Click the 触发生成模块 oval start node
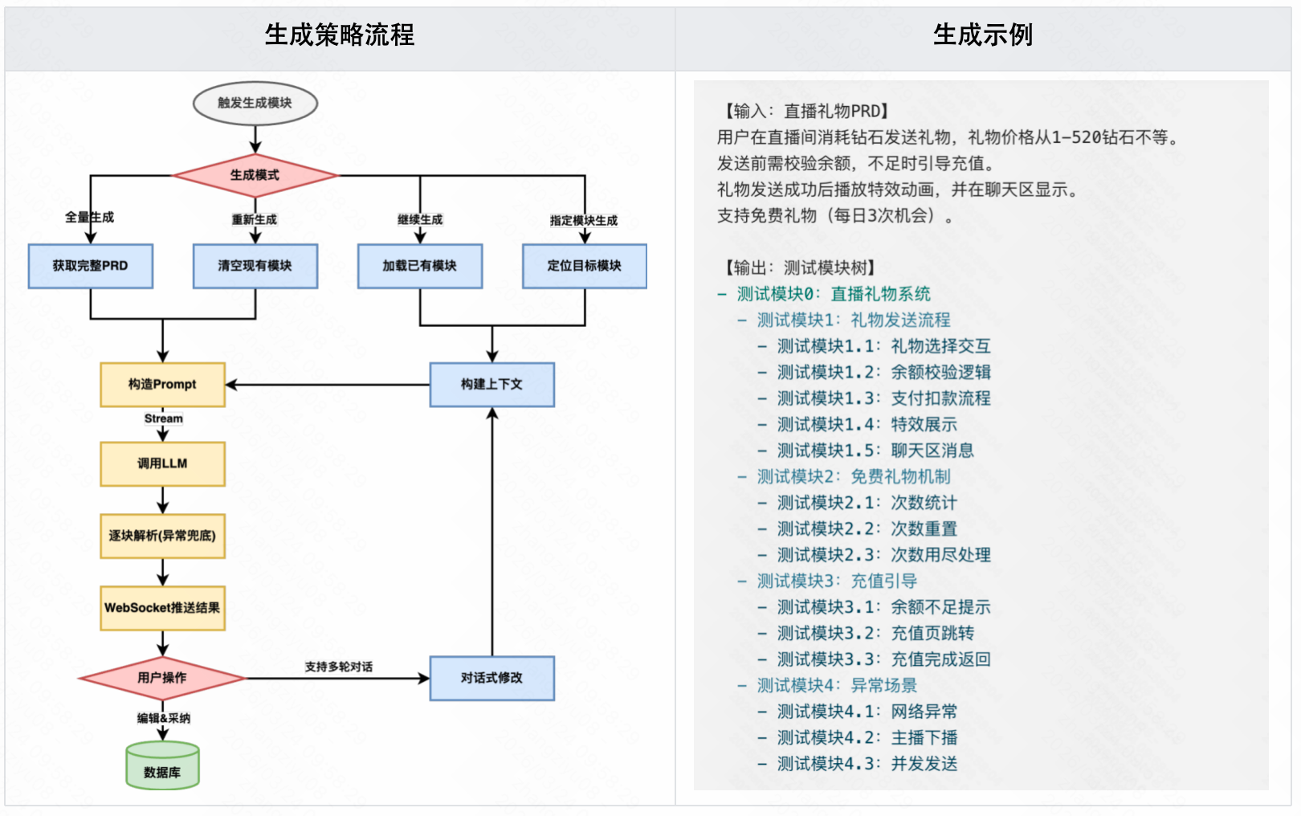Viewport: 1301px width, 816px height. tap(255, 103)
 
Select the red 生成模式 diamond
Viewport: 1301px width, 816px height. tap(255, 175)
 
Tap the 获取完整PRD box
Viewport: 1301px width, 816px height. tap(91, 266)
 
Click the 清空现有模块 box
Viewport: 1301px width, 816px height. tap(255, 266)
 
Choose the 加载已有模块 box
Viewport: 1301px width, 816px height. tap(420, 266)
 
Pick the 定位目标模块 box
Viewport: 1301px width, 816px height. tap(585, 266)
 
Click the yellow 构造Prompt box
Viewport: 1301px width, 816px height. tap(162, 385)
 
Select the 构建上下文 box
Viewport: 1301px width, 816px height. tap(491, 385)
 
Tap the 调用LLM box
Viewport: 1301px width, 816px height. tap(162, 463)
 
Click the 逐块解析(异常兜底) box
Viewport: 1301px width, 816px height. tap(162, 536)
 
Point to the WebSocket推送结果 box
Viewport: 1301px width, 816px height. tap(162, 608)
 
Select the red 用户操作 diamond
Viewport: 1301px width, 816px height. tap(162, 678)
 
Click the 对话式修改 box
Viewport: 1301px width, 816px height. tap(491, 678)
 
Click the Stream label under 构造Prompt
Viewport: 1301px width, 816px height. tap(164, 418)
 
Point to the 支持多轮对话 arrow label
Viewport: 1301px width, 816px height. tap(339, 667)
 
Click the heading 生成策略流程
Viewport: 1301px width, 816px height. tap(340, 35)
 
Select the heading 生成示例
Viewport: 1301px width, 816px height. tap(983, 35)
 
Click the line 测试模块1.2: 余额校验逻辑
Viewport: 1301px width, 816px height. tap(883, 372)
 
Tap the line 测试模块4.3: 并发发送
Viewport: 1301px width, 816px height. tap(867, 764)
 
